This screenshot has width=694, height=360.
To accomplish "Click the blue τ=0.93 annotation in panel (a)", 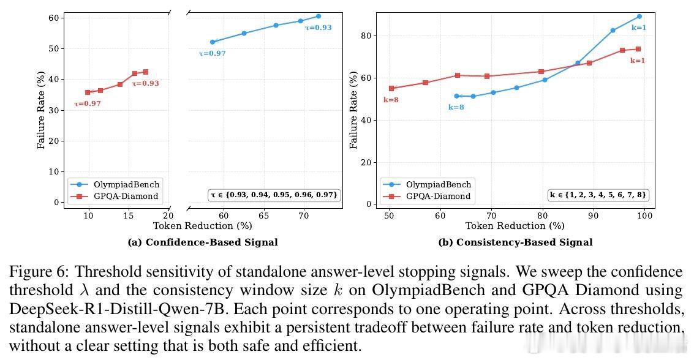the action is click(319, 28).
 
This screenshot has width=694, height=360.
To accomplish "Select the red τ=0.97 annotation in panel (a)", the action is click(88, 103).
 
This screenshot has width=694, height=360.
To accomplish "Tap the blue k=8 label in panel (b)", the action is click(456, 107).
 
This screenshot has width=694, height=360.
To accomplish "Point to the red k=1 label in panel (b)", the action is click(638, 61).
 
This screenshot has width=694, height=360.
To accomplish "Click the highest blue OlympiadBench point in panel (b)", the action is click(639, 17).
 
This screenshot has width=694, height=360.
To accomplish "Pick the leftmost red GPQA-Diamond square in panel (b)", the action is click(391, 88).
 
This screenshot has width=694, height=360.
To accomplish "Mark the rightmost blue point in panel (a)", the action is click(319, 17).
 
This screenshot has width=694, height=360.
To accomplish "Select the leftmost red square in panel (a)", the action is click(88, 92).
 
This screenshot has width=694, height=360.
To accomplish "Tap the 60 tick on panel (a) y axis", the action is click(53, 18).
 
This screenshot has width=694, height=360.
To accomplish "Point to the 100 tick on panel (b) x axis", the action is click(644, 216).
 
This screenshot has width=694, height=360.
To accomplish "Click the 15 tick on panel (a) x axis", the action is click(129, 216).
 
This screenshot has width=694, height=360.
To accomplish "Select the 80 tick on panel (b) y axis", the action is click(366, 36).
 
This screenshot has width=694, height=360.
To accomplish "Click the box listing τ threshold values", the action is click(274, 195).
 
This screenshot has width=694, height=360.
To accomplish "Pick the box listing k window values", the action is click(598, 195).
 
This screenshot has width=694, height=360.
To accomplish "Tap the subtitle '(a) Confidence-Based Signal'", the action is click(203, 242).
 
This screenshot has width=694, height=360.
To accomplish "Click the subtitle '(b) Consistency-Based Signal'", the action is click(515, 242).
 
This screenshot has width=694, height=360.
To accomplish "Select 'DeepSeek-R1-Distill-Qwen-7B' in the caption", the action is click(117, 309).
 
